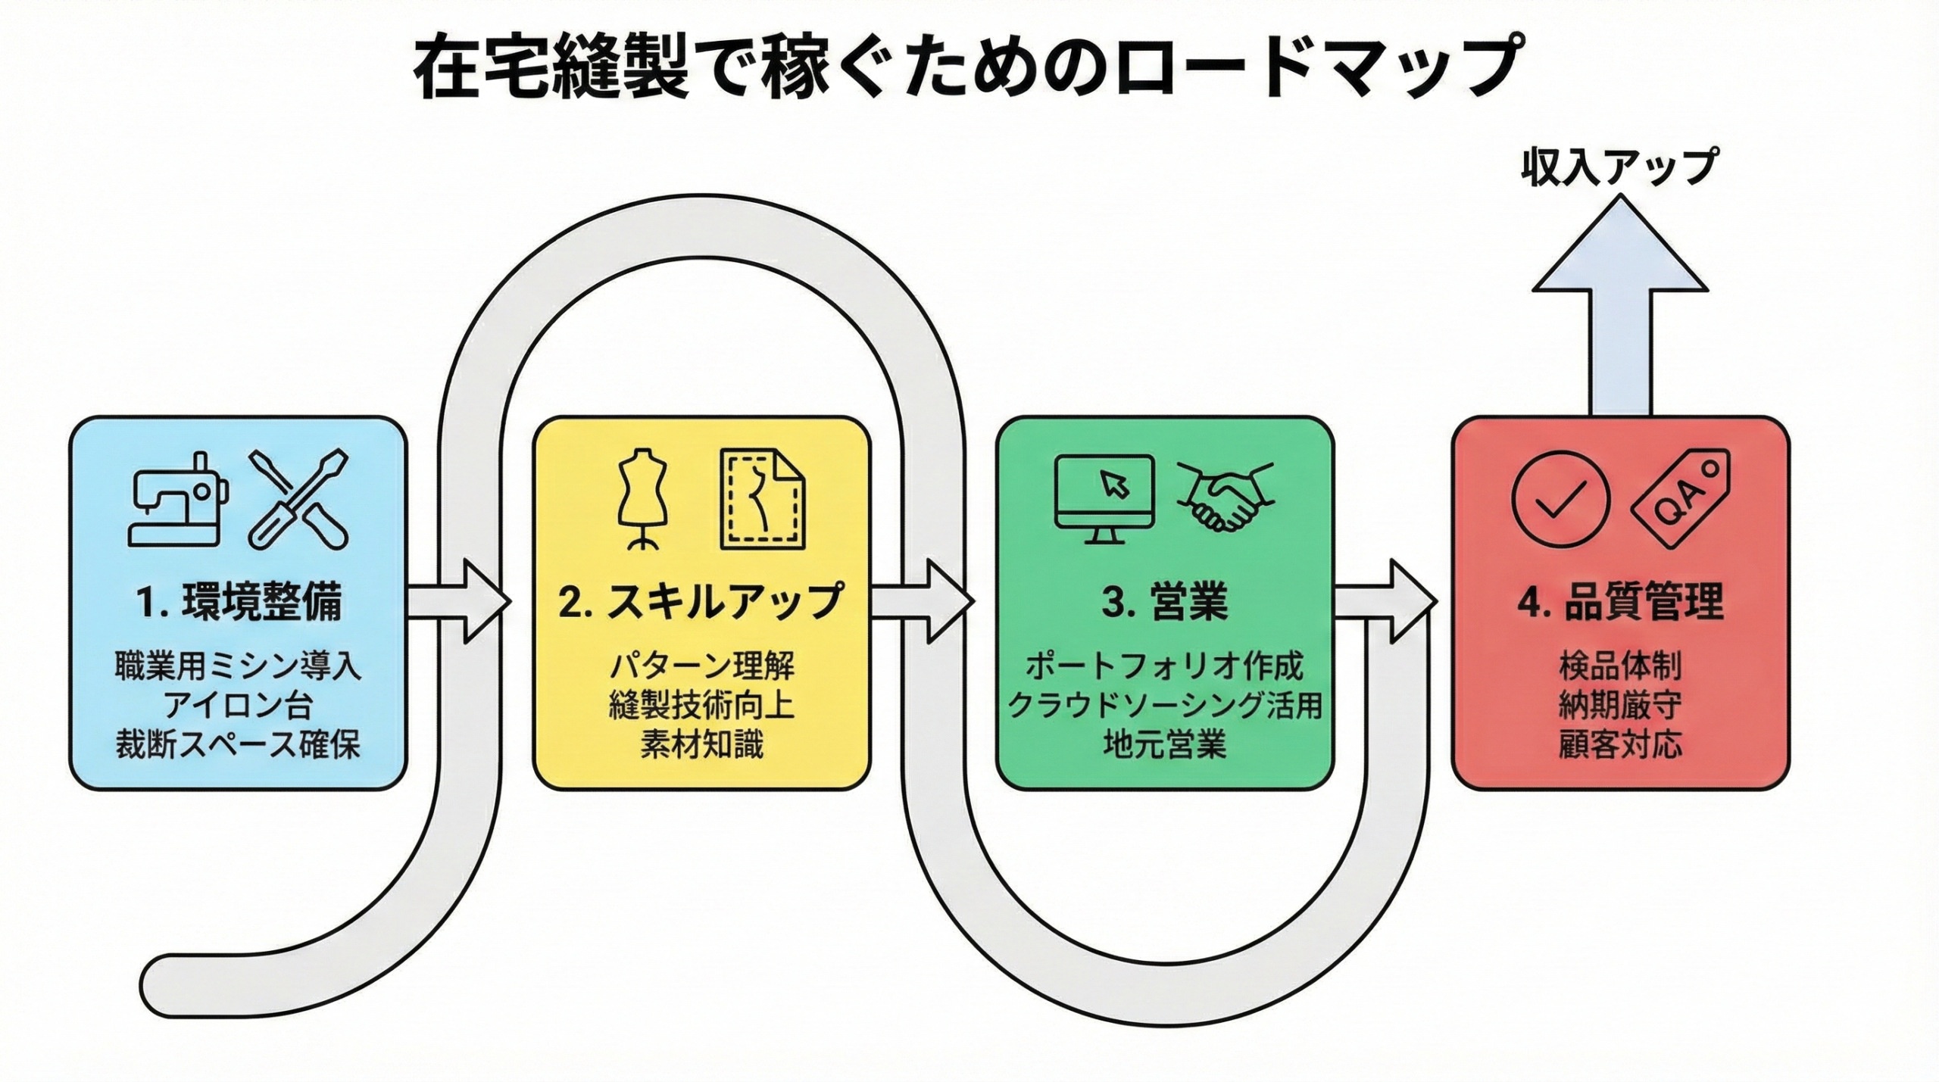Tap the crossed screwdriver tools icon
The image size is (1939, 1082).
pyautogui.click(x=298, y=499)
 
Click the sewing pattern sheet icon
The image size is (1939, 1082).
pyautogui.click(x=762, y=499)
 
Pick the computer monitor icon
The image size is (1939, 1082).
pyautogui.click(x=1105, y=497)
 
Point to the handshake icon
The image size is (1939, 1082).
pyautogui.click(x=1226, y=497)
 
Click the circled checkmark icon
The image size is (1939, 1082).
pyautogui.click(x=1560, y=499)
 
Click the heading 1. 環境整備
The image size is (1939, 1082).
pyautogui.click(x=239, y=602)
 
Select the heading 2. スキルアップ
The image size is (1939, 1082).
pyautogui.click(x=701, y=602)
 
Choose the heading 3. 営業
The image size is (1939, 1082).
pyautogui.click(x=1165, y=602)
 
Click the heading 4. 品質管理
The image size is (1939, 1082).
pyautogui.click(x=1621, y=602)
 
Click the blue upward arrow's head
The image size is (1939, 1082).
pyautogui.click(x=1620, y=250)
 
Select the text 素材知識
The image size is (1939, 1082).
pyautogui.click(x=701, y=745)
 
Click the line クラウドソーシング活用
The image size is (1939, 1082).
pyautogui.click(x=1165, y=706)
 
